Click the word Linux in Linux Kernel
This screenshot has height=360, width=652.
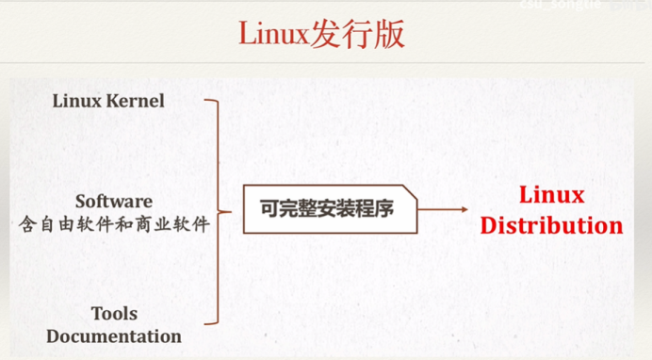78,100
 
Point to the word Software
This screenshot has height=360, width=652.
113,201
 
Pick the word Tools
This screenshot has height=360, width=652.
114,313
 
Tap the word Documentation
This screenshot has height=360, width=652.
114,335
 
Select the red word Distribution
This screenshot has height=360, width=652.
551,226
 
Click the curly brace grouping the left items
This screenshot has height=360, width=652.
219,211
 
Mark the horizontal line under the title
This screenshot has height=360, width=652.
326,68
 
